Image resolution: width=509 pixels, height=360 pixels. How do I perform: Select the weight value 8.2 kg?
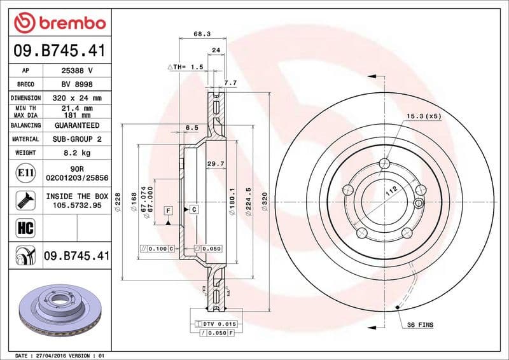(76, 153)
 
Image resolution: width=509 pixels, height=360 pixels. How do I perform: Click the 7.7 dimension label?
(231, 83)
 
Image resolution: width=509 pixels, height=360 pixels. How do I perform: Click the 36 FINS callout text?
(419, 325)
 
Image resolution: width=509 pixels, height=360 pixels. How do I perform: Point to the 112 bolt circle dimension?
(389, 190)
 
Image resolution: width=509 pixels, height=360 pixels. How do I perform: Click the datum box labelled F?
(169, 210)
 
